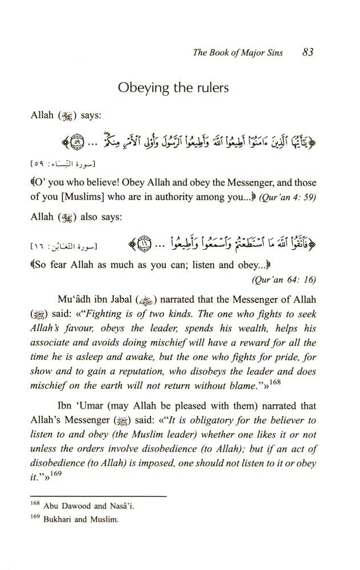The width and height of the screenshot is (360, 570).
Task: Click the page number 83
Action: click(x=309, y=52)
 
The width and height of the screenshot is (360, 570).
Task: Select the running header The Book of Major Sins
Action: click(x=245, y=53)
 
